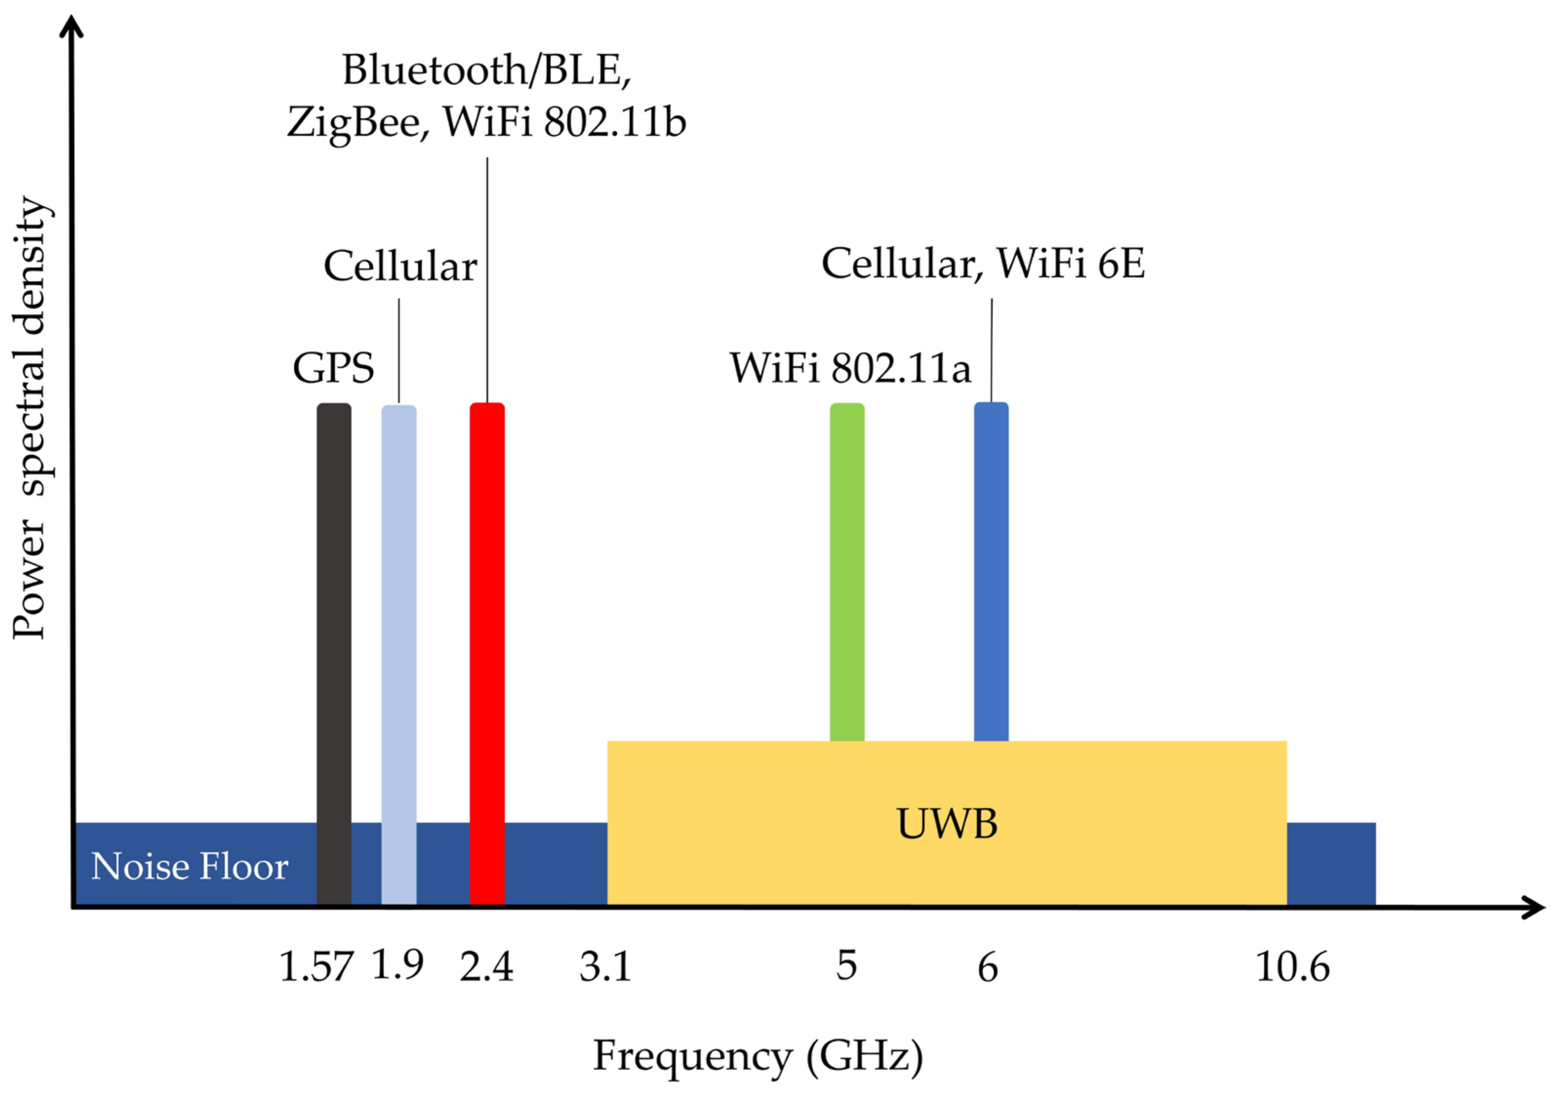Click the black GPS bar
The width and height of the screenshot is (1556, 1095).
point(334,650)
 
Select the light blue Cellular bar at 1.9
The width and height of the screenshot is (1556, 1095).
point(398,650)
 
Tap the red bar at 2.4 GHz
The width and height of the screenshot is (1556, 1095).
point(487,650)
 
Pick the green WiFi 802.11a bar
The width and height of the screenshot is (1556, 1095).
point(847,569)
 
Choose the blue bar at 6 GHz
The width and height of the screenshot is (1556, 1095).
point(991,569)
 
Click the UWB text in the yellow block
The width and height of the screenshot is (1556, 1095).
point(947,825)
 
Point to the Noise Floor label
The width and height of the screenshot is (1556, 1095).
point(190,867)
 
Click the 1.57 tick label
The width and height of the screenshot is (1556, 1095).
point(316,967)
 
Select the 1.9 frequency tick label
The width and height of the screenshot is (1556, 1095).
point(398,964)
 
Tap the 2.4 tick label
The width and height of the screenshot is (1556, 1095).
point(486,967)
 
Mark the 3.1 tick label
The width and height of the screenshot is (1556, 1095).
point(605,967)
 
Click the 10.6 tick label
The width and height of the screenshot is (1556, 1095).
point(1292,967)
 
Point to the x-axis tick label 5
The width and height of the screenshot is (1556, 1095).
point(846,966)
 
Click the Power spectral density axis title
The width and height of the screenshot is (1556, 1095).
point(30,417)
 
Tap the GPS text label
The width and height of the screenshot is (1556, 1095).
point(333,368)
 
